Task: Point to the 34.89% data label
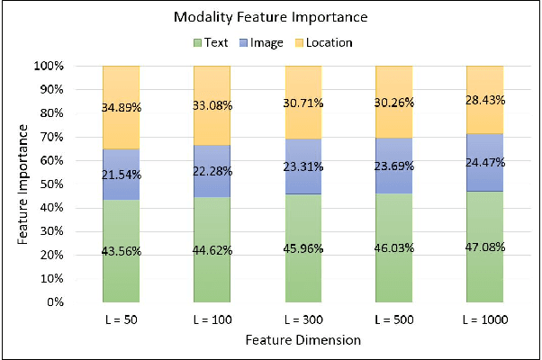[122, 107]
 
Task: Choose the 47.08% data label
[485, 247]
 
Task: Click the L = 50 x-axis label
[122, 319]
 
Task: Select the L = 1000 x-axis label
[485, 319]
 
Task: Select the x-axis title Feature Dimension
[303, 340]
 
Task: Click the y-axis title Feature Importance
[23, 184]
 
